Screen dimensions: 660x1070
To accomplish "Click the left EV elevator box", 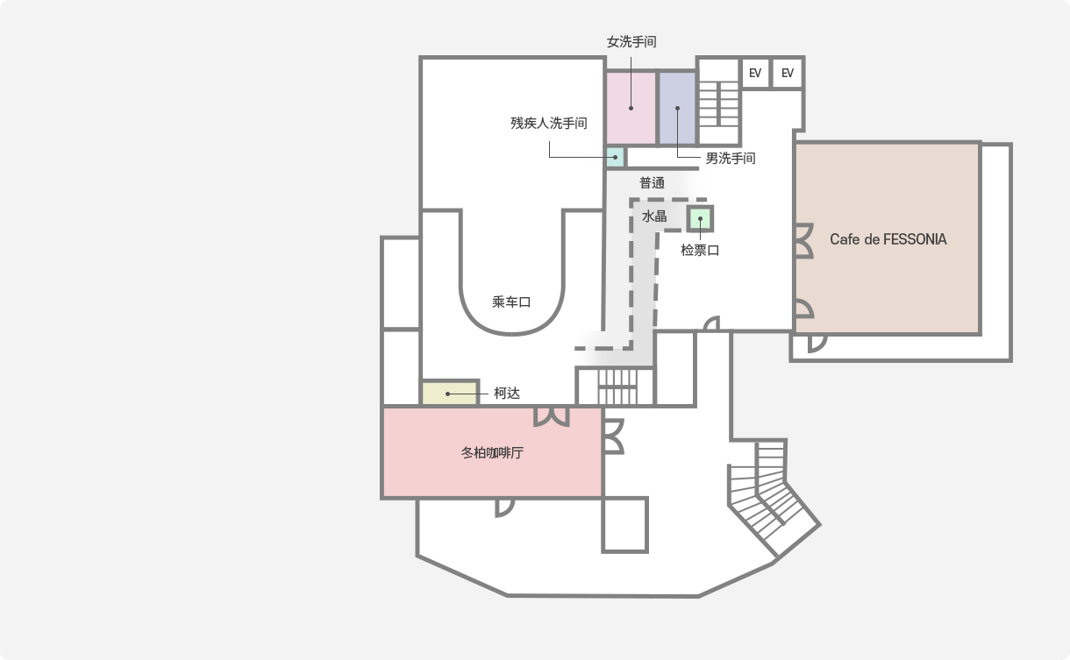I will point(755,73).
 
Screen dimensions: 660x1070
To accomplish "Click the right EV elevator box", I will point(788,73).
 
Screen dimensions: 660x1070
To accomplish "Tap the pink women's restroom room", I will point(631,109).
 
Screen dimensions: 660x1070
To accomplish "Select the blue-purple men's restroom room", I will point(677,109).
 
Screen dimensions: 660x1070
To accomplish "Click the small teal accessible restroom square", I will point(615,159).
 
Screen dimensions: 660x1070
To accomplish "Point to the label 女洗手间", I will point(631,41).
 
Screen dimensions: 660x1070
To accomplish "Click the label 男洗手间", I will point(731,159).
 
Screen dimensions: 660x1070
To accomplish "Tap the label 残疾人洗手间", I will point(549,124).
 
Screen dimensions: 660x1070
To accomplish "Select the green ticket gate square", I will point(700,217).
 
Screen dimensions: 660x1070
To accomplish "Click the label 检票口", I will point(700,250).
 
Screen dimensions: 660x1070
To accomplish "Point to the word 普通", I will point(652,183).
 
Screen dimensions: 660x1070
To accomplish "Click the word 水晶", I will point(654,216).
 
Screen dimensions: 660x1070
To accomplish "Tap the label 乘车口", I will point(511,302).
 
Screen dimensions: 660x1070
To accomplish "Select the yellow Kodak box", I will point(450,394).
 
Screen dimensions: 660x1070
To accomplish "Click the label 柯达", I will point(507,394).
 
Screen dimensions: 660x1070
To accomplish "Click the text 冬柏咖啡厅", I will point(492,454).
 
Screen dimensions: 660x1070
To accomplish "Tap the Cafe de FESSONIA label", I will point(888,238).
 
